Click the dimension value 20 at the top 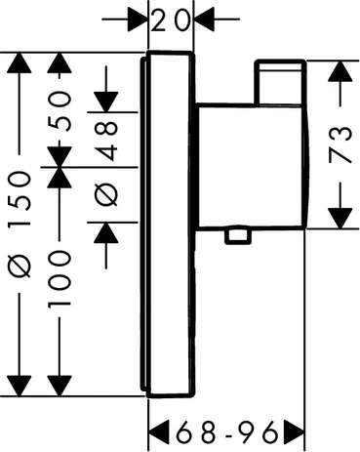point(172,19)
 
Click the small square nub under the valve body point(234,235)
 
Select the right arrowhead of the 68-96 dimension point(295,430)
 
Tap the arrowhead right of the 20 point(206,19)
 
